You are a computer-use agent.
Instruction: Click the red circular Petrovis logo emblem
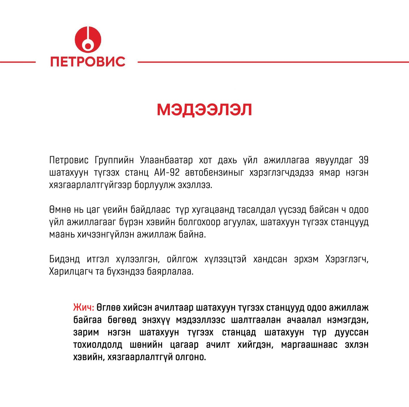[88, 39]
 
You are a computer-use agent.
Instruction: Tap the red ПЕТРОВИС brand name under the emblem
[88, 62]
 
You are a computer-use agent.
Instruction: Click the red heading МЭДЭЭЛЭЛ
[204, 110]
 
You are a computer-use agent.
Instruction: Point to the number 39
[364, 160]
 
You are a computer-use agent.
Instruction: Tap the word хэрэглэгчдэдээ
[281, 173]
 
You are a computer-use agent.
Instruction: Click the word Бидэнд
[65, 259]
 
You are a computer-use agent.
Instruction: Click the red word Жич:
[84, 308]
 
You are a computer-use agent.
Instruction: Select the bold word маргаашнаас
[309, 345]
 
